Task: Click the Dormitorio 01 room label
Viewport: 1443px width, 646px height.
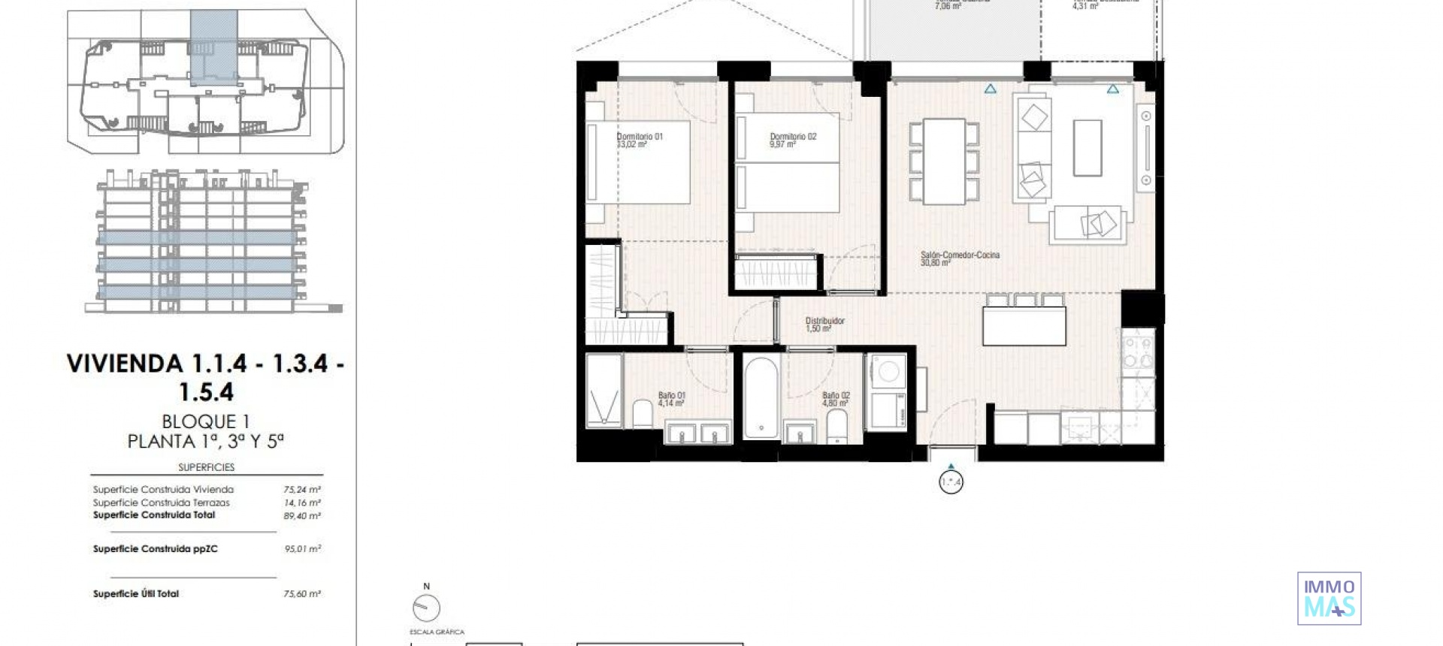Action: [x=639, y=140]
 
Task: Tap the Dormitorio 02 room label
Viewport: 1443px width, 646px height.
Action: [x=792, y=140]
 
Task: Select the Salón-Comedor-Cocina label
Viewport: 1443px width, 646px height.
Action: [x=960, y=258]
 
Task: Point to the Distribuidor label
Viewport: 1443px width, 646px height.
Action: [x=824, y=325]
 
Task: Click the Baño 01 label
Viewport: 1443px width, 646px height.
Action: [x=671, y=399]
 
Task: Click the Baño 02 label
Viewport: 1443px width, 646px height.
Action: [x=836, y=399]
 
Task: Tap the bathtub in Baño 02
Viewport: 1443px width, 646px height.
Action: [x=761, y=397]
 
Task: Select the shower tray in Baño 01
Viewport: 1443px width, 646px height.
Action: [x=604, y=391]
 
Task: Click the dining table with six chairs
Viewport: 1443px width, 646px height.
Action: [x=944, y=161]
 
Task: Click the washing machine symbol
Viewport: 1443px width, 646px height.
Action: [x=888, y=372]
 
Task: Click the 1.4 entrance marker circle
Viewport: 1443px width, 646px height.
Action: [x=951, y=482]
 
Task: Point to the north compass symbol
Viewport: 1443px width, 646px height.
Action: [x=426, y=607]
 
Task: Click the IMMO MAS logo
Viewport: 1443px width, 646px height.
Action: [x=1329, y=598]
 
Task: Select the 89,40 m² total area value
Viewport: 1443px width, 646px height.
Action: [x=302, y=516]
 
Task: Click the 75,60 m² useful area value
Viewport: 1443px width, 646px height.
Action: [x=302, y=594]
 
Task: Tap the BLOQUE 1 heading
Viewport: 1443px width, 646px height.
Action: [x=205, y=421]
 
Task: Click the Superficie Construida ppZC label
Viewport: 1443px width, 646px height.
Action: [x=156, y=549]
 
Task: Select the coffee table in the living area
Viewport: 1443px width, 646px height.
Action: [x=1087, y=147]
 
